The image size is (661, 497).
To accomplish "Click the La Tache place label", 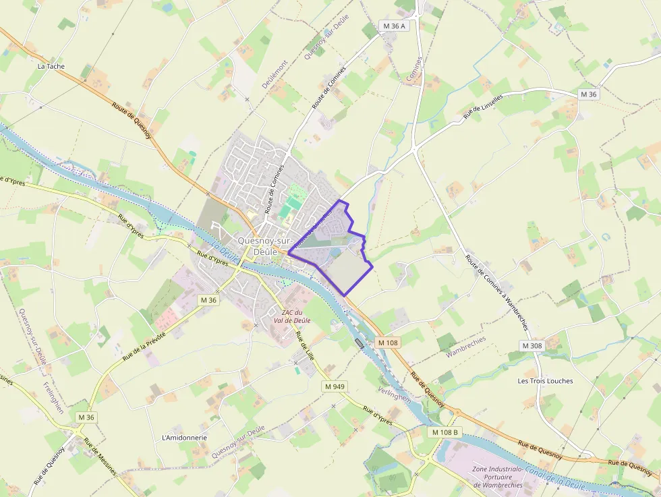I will pyautogui.click(x=51, y=66).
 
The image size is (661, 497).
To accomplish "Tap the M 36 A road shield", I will pyautogui.click(x=395, y=26).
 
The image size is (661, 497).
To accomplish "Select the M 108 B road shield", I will pyautogui.click(x=444, y=432).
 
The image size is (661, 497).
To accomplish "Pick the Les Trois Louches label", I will pyautogui.click(x=545, y=381).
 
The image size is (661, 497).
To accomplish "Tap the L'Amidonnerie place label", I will pyautogui.click(x=184, y=437).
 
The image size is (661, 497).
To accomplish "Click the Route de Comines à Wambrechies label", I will pyautogui.click(x=496, y=291).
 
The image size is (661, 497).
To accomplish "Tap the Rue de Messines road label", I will pyautogui.click(x=100, y=457).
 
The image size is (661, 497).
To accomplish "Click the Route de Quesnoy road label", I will pyautogui.click(x=131, y=121).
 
